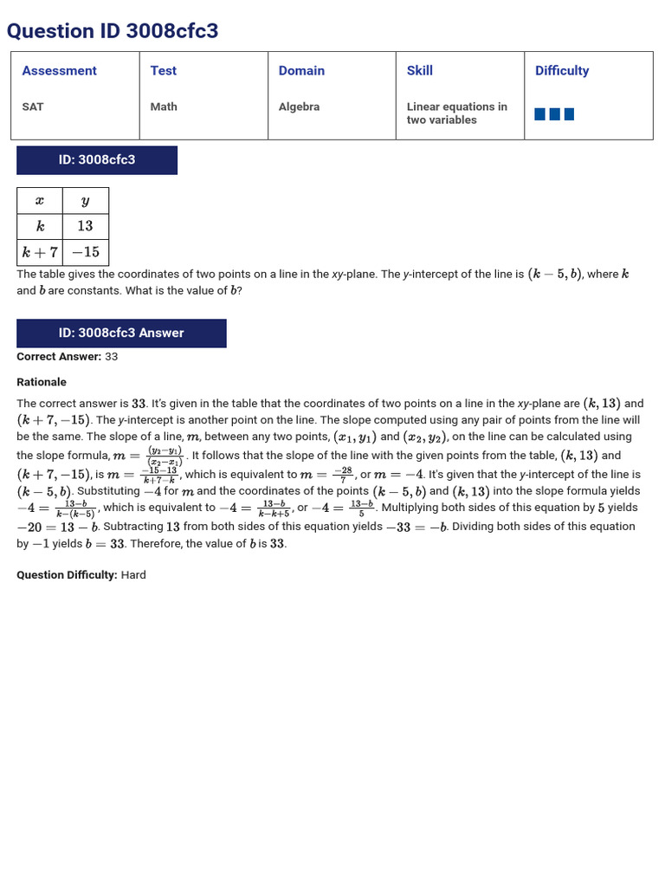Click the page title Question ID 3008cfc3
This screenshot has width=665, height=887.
click(113, 31)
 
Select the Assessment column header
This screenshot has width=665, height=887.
click(59, 71)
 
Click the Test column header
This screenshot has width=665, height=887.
click(163, 71)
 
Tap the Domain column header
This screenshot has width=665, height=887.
click(301, 71)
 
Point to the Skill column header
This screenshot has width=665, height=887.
click(419, 71)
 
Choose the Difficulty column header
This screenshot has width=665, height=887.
click(561, 71)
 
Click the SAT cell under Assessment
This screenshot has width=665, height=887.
click(33, 107)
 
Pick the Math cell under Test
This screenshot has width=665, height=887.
click(164, 107)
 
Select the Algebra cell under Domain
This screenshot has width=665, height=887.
click(299, 107)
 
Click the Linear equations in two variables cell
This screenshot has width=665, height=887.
click(456, 113)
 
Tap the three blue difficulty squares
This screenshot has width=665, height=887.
click(554, 114)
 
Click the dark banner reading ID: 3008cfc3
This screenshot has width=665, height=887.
click(97, 160)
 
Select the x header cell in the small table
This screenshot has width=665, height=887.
click(40, 201)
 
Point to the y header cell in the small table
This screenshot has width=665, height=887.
click(85, 201)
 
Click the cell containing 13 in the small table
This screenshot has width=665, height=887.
click(85, 226)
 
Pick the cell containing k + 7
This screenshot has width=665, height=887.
click(40, 252)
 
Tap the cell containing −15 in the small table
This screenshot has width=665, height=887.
click(85, 252)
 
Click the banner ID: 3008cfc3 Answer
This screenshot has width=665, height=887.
click(121, 333)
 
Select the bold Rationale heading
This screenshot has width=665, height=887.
click(42, 382)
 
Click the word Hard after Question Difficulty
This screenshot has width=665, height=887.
click(133, 575)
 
